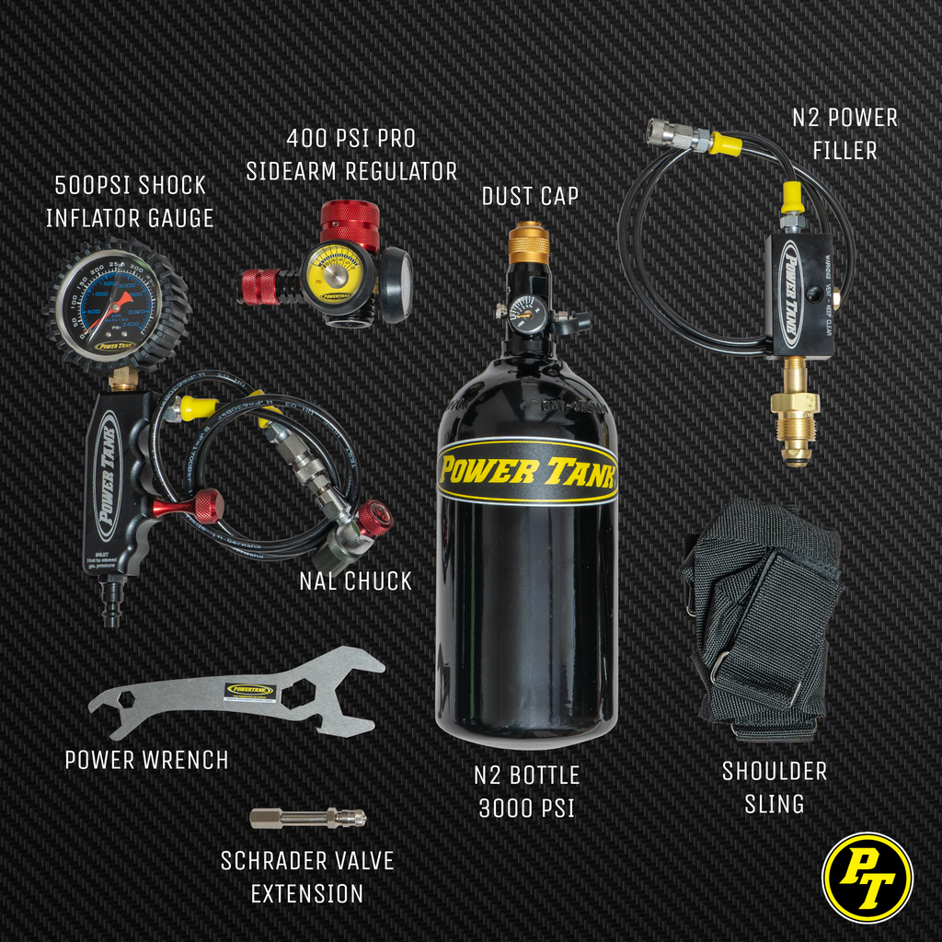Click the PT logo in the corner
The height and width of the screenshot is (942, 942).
(x=867, y=877)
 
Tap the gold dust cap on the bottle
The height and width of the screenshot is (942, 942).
(x=529, y=243)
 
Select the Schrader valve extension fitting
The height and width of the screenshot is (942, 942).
(x=307, y=818)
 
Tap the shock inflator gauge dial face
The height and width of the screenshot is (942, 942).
(x=109, y=304)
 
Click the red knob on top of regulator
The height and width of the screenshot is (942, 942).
(x=350, y=222)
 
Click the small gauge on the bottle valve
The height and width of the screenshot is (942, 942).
(x=527, y=315)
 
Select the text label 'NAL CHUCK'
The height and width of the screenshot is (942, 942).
(x=355, y=581)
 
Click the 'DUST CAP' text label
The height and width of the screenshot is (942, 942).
(x=530, y=197)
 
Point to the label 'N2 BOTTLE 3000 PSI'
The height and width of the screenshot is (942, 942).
(x=526, y=791)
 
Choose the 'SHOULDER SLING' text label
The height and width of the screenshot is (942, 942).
(x=774, y=787)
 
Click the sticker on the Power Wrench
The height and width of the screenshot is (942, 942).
(x=250, y=690)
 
